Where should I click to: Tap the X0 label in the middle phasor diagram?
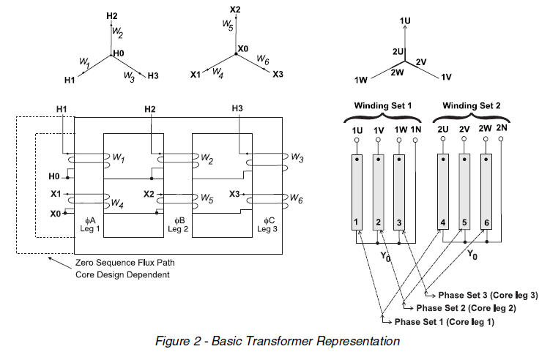click(244, 49)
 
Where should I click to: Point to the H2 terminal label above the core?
click(149, 109)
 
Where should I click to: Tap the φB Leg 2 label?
click(177, 224)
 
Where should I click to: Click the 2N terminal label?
click(501, 129)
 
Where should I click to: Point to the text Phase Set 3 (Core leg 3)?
click(487, 295)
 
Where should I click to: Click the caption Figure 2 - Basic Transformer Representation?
click(278, 341)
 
